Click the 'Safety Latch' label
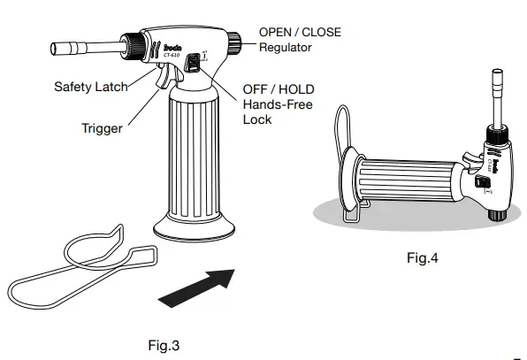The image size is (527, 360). pos(90,87)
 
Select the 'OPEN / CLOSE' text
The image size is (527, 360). pos(299,33)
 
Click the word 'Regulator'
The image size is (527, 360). pos(285,47)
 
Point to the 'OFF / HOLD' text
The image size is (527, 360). pos(279,89)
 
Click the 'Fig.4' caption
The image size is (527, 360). pos(422,258)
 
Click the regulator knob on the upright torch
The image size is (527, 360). pos(236,40)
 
